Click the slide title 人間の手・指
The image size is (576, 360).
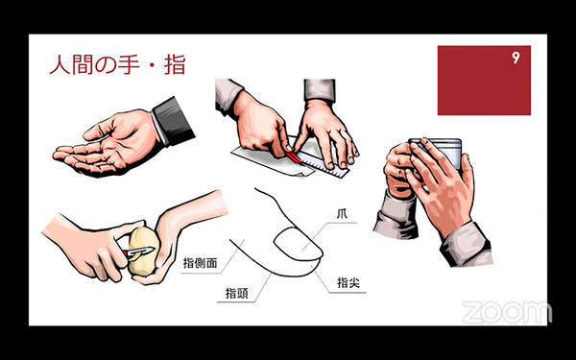pos(117,65)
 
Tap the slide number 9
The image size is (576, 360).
pos(516,58)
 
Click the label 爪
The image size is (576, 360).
pos(342,214)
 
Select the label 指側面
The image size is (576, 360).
pos(201,263)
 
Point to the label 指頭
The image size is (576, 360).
pos(237,293)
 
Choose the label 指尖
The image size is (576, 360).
pos(348,283)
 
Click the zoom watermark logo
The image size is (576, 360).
pos(507,312)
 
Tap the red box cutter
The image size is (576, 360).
pos(294,156)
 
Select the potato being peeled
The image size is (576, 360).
pos(143,251)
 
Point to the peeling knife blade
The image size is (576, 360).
pos(142,252)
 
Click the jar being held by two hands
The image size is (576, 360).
pos(437,154)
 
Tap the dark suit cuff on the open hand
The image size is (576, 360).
pos(174,121)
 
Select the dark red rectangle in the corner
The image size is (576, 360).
pos(484,81)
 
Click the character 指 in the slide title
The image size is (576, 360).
pos(175,65)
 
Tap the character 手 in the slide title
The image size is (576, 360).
pos(129,65)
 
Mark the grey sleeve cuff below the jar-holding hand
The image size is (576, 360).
pos(467,244)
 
